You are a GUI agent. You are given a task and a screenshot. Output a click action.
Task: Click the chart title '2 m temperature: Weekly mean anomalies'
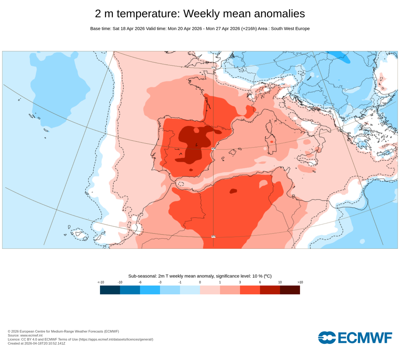coord(200,14)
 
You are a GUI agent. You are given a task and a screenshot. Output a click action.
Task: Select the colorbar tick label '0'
coord(200,282)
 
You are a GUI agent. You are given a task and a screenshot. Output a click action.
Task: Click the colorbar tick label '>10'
coord(300,282)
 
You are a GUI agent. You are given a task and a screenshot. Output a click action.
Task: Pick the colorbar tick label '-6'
coord(139,282)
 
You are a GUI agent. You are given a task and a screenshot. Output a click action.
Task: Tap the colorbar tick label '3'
coord(240,282)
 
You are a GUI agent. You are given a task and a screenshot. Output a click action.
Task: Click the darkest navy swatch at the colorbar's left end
coord(110,290)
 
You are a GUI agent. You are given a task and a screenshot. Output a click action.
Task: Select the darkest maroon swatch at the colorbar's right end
coord(290,290)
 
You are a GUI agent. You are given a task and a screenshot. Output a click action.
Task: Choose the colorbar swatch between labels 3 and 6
coord(250,290)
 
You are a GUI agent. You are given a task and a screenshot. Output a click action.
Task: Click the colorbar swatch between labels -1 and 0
coord(190,290)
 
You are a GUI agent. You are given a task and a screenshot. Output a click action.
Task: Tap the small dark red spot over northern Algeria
coord(233,191)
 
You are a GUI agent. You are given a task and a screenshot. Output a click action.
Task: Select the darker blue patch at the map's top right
coord(344,57)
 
